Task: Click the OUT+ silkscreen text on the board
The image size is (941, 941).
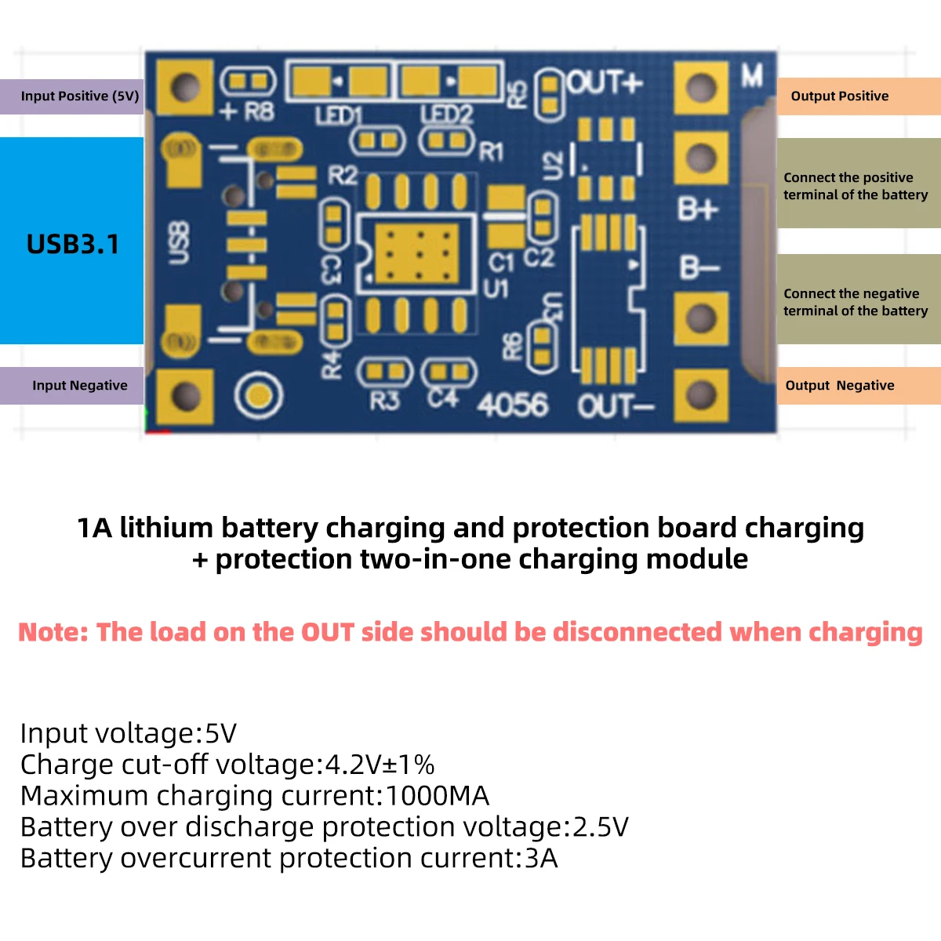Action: pyautogui.click(x=605, y=82)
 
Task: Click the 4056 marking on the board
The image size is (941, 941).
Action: pyautogui.click(x=512, y=405)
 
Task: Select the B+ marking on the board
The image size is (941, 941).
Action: pyautogui.click(x=698, y=209)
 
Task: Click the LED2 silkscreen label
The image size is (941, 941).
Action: pyautogui.click(x=447, y=115)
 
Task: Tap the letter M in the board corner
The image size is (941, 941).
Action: pyautogui.click(x=752, y=76)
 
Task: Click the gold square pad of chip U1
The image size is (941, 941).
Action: pyautogui.click(x=416, y=253)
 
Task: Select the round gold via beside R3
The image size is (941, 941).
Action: pyautogui.click(x=258, y=397)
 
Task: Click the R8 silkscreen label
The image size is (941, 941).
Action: pyautogui.click(x=258, y=112)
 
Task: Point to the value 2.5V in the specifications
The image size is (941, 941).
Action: pyautogui.click(x=601, y=827)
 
